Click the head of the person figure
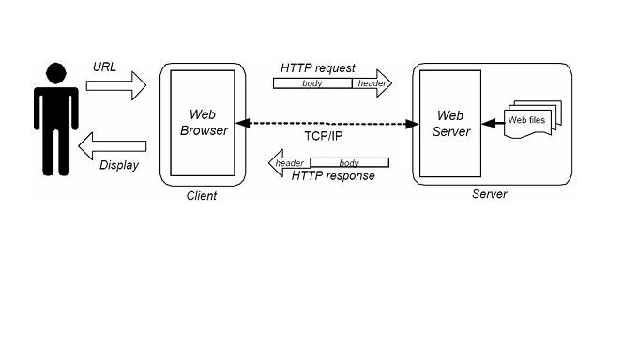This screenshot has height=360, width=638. click(x=56, y=72)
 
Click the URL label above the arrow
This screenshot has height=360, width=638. click(x=104, y=67)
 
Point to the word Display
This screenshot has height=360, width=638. click(x=118, y=165)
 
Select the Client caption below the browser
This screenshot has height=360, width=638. click(x=201, y=195)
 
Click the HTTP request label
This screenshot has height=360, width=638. click(x=318, y=68)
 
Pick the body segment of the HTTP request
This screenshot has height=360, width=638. click(x=311, y=83)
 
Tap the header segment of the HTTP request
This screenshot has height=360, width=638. click(x=371, y=83)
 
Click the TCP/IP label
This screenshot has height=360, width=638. click(x=327, y=136)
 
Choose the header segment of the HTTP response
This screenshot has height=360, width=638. click(x=290, y=163)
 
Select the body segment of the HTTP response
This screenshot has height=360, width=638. click(x=348, y=163)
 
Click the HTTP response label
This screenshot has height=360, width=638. click(x=333, y=176)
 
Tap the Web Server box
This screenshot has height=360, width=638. click(x=444, y=124)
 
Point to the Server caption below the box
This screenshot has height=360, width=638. click(x=489, y=194)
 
